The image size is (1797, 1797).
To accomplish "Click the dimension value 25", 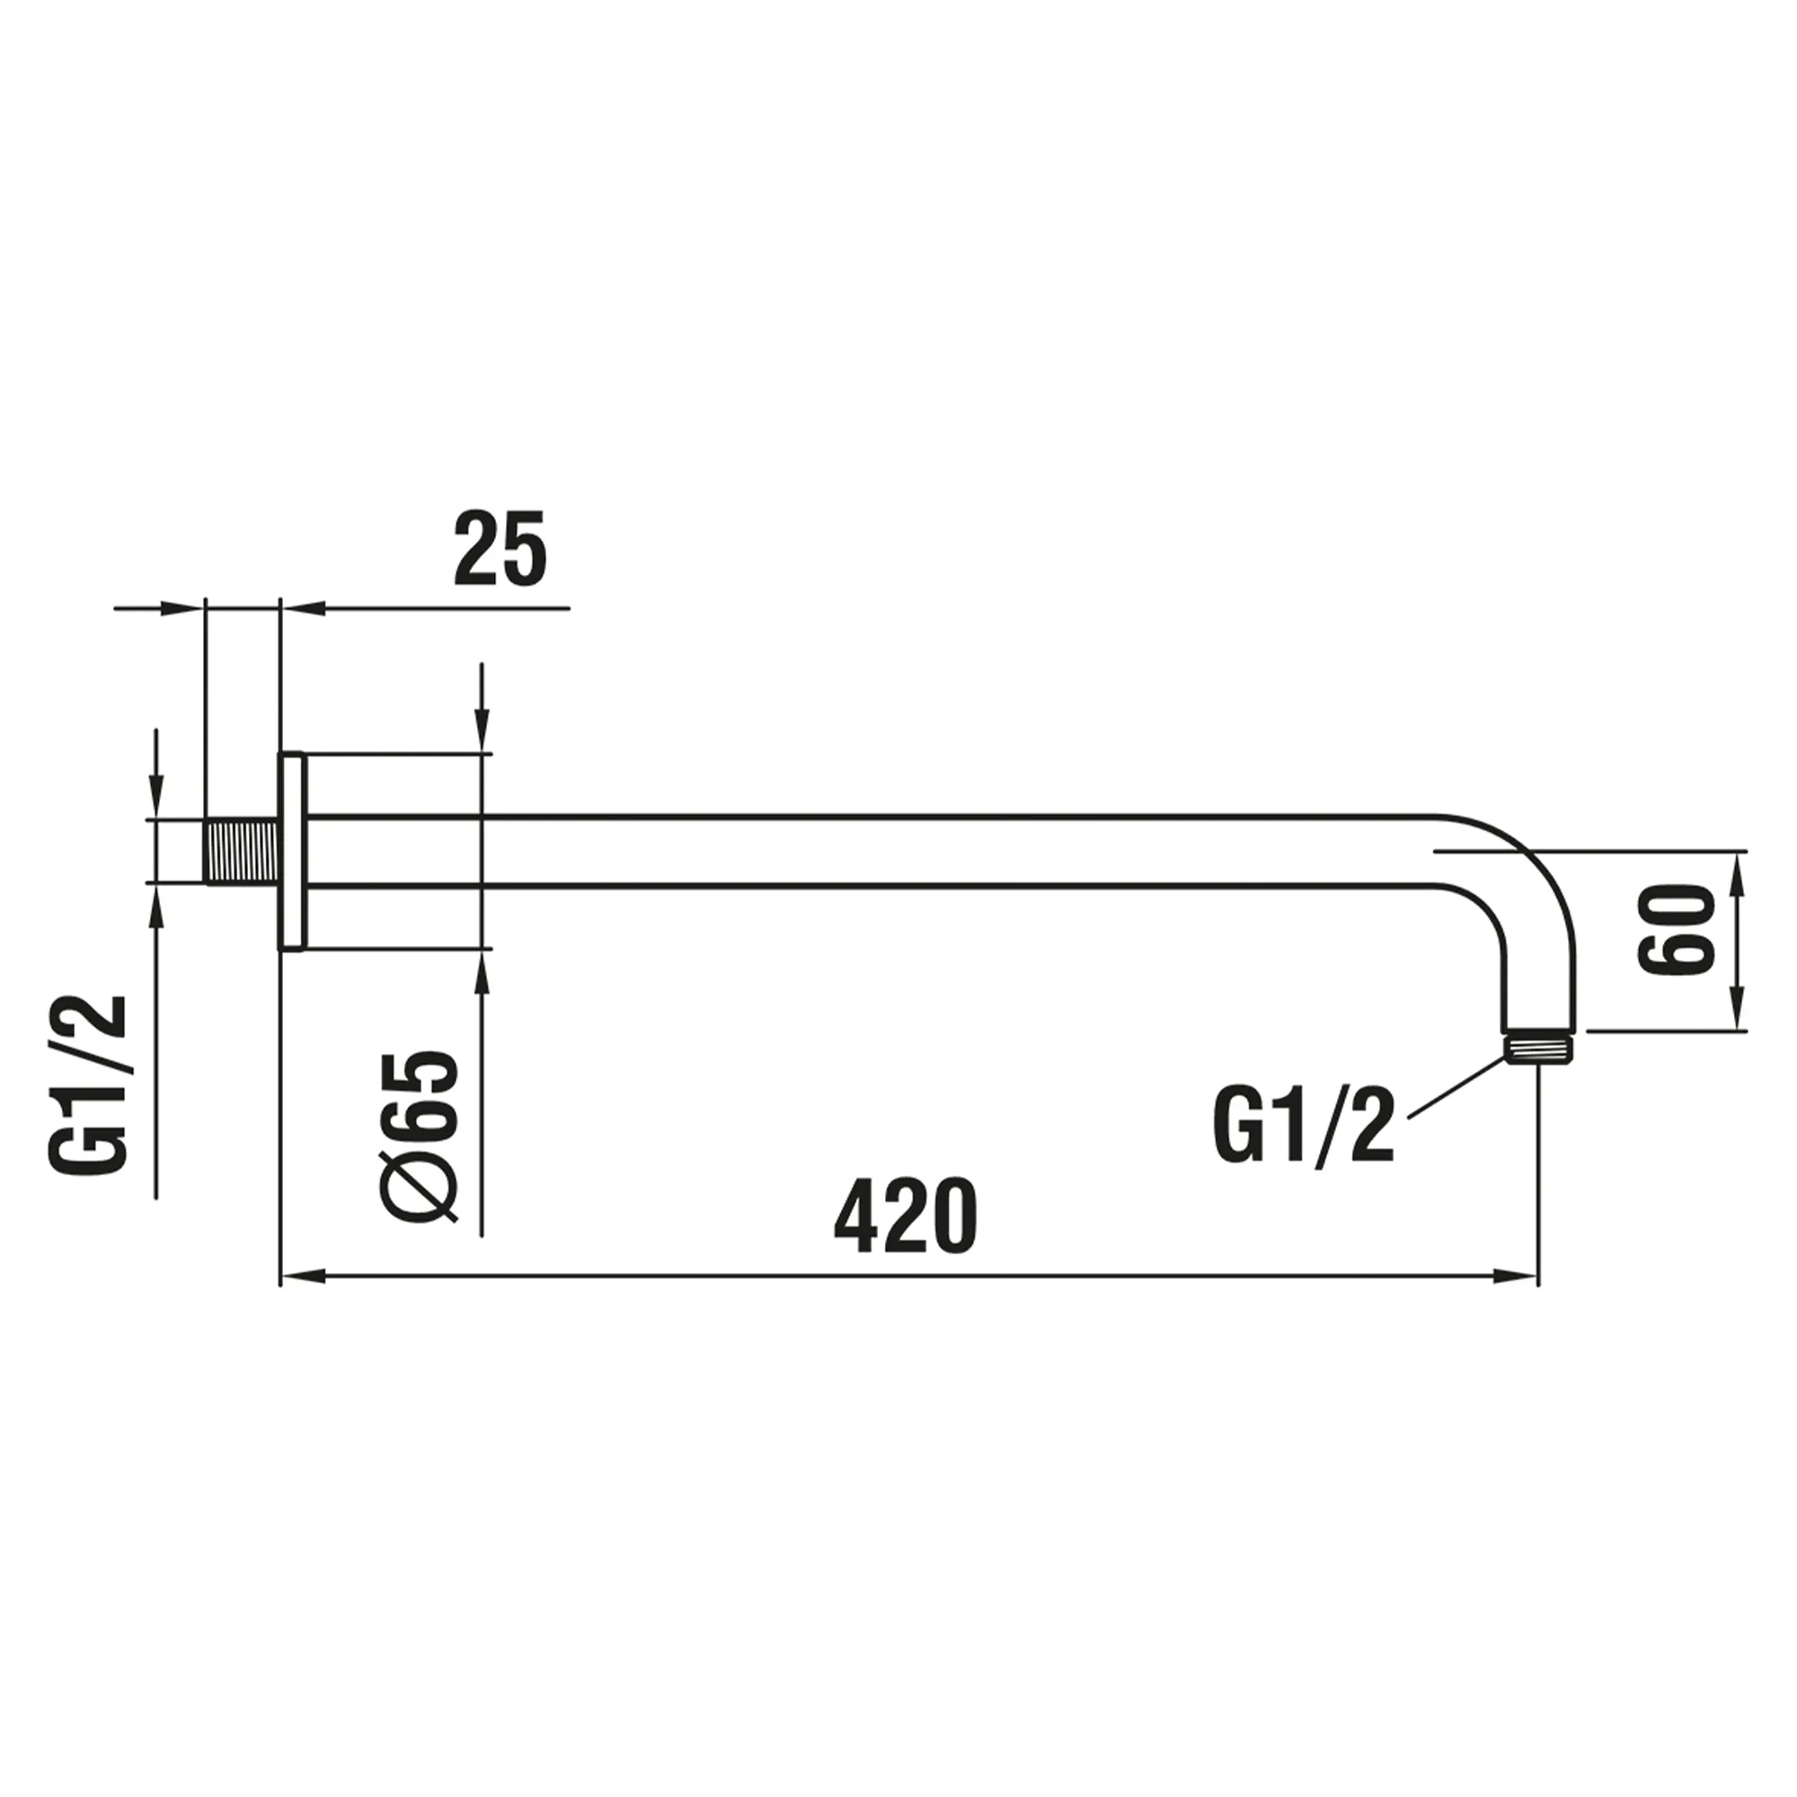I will [500, 549].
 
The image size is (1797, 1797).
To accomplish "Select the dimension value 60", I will [1676, 930].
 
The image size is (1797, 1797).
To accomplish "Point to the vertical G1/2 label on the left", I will [85, 1084].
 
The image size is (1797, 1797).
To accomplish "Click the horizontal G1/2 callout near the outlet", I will [1303, 1127].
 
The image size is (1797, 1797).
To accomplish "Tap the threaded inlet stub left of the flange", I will [242, 851].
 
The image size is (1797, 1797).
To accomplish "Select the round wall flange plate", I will [293, 851].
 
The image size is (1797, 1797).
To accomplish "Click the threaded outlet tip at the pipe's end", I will [1538, 1049].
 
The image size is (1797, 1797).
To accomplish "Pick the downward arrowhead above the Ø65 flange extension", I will [481, 735].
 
